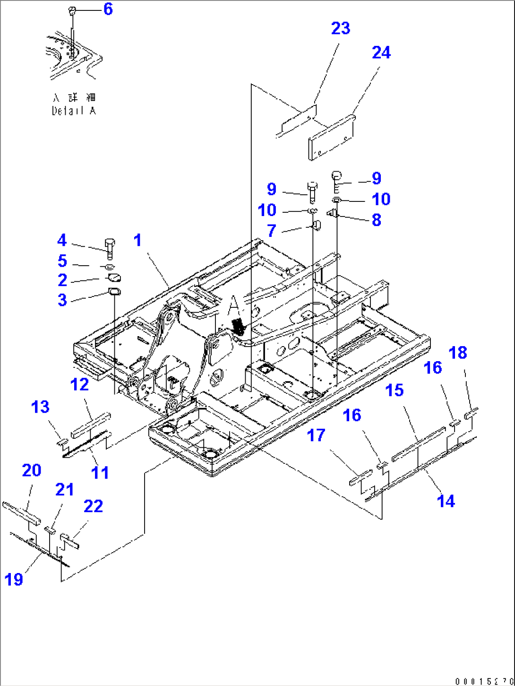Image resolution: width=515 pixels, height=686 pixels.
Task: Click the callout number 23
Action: pyautogui.click(x=340, y=28)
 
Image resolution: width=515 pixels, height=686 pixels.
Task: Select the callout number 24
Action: pyautogui.click(x=381, y=52)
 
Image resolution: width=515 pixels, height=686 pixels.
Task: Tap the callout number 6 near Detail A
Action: pyautogui.click(x=108, y=9)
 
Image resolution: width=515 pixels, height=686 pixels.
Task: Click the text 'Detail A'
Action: pyautogui.click(x=74, y=111)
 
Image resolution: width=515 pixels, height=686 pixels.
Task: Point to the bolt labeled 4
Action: pyautogui.click(x=109, y=248)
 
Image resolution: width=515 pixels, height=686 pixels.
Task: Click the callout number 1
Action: pyautogui.click(x=137, y=240)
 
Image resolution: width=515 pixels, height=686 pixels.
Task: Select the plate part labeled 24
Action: pyautogui.click(x=332, y=137)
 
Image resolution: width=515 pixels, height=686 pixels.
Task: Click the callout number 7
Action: pyautogui.click(x=271, y=231)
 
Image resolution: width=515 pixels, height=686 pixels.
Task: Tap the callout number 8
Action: pyautogui.click(x=376, y=220)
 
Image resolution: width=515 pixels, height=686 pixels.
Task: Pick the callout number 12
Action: pyautogui.click(x=79, y=384)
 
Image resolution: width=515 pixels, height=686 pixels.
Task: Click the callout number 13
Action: pyautogui.click(x=40, y=407)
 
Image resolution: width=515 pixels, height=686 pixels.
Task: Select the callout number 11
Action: pyautogui.click(x=100, y=472)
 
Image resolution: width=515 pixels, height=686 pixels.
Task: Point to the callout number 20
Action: pyautogui.click(x=32, y=470)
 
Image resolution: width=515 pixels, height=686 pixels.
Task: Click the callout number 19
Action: pyautogui.click(x=14, y=579)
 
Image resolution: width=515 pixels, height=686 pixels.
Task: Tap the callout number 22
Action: pyautogui.click(x=93, y=506)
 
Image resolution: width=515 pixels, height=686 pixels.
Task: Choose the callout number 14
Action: pyautogui.click(x=446, y=501)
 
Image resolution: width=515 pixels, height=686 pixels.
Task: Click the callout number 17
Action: pyautogui.click(x=316, y=435)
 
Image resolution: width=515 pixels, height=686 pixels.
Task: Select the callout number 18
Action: pyautogui.click(x=457, y=352)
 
